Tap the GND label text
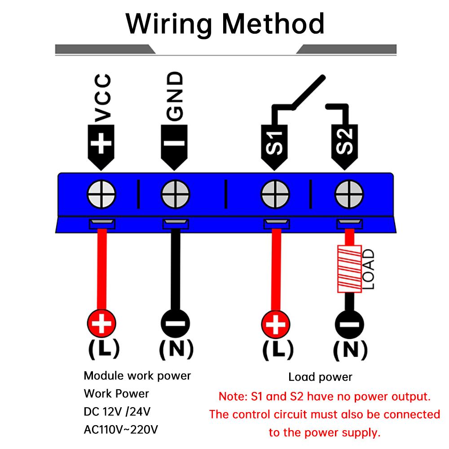coord(176,96)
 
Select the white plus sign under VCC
coord(102,144)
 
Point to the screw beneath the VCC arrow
coord(101,196)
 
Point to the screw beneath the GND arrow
coord(176,196)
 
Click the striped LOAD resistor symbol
coord(349,268)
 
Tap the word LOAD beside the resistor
coord(368,269)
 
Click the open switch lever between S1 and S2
coord(308,92)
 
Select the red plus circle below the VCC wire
coord(101,323)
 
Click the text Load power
coord(320,377)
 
